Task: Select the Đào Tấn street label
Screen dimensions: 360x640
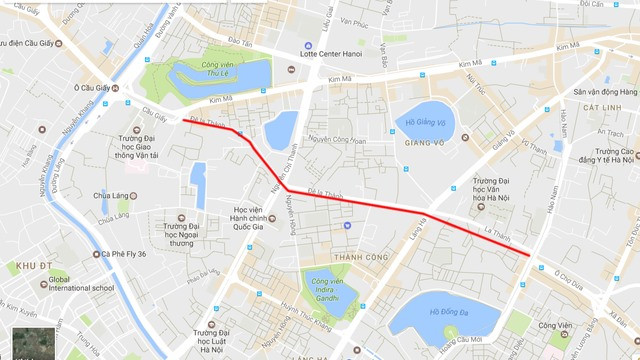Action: pyautogui.click(x=240, y=42)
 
